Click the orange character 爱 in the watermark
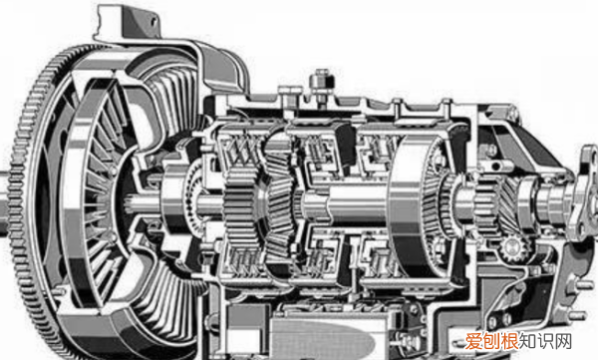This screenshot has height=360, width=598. tap(474, 341)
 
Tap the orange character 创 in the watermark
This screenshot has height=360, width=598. tap(492, 341)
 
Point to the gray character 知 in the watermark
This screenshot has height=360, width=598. tap(528, 341)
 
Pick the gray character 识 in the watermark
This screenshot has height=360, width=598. tap(546, 341)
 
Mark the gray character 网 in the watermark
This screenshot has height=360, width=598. tap(563, 341)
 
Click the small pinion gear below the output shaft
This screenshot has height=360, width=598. tap(513, 249)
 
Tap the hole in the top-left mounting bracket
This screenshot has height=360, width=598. tap(153, 21)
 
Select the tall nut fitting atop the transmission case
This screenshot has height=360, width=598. tap(322, 87)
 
